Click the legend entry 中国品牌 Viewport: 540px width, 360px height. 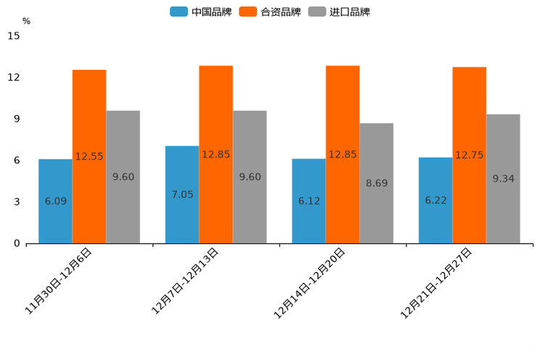pyautogui.click(x=201, y=12)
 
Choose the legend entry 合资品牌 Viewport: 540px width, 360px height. pyautogui.click(x=271, y=12)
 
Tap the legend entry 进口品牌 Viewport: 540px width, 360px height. pyautogui.click(x=340, y=12)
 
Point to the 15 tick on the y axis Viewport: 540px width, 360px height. pyautogui.click(x=14, y=36)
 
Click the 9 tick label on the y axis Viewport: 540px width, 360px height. pyautogui.click(x=17, y=119)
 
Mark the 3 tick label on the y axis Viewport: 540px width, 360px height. pyautogui.click(x=17, y=202)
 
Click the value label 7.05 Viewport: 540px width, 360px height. pyautogui.click(x=182, y=195)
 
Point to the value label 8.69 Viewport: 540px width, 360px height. pyautogui.click(x=377, y=184)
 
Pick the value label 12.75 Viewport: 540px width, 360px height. pyautogui.click(x=470, y=155)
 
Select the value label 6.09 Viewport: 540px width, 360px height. pyautogui.click(x=56, y=201)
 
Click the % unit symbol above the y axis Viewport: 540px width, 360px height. pyautogui.click(x=26, y=21)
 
